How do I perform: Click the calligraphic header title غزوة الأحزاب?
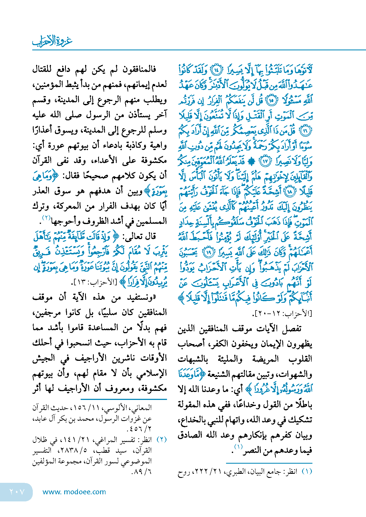pos(52,41)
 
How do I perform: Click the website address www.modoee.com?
pos(74,492)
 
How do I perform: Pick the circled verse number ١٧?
pos(265,161)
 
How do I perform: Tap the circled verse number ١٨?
pos(289,191)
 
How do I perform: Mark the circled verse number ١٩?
pos(209,252)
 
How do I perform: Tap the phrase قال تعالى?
pos(140,237)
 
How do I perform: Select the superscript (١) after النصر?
pos(238,446)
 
